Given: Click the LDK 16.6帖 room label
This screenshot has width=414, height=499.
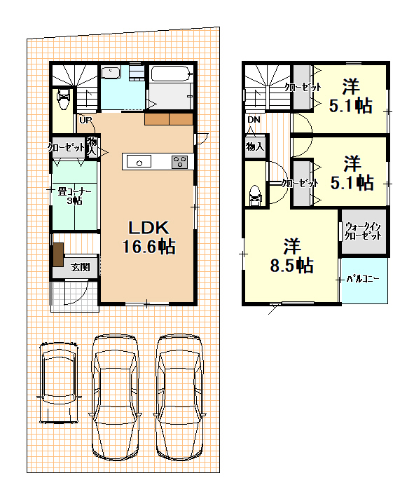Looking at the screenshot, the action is point(149,238).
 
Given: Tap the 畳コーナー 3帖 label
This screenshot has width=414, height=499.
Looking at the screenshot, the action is point(74,196).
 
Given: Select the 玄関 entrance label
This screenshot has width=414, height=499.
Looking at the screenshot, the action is point(80,267).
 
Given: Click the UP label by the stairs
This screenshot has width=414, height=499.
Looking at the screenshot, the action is point(85,121).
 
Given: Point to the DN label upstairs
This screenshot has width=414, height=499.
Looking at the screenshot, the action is point(254,120).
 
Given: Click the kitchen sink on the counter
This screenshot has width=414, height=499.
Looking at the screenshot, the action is point(139,161).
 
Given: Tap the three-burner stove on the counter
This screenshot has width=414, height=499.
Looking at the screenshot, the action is point(180,162).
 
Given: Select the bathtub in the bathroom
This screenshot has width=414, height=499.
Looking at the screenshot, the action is point(171,74).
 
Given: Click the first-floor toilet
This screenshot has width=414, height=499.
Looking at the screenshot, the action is point(62,99).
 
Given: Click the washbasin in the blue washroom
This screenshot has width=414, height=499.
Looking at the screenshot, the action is point(111,73).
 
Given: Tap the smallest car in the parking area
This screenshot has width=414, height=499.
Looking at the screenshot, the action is point(59,383).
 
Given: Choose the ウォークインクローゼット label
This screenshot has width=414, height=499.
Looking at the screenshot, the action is point(363,231).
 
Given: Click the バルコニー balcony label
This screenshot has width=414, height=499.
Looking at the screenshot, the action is point(363,279).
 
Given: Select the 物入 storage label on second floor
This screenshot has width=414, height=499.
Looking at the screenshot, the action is point(255,146).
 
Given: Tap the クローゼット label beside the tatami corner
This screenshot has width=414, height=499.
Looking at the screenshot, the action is point(66,147).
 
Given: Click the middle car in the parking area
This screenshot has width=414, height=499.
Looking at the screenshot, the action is point(115,397).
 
